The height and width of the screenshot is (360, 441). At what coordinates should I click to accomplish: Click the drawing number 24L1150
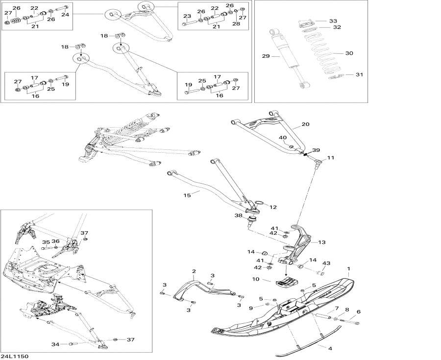tap(15, 356)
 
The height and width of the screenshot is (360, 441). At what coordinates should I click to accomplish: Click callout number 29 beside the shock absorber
tap(266, 57)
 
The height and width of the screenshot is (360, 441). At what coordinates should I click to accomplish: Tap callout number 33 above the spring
tap(333, 21)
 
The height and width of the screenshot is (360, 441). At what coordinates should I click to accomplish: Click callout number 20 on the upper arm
tap(305, 125)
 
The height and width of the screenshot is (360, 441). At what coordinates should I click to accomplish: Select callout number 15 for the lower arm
tap(187, 195)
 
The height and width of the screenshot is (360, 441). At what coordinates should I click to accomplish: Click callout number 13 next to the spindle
tap(321, 242)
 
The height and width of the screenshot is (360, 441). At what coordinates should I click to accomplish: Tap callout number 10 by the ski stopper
tap(255, 279)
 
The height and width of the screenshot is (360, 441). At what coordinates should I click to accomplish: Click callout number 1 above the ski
tap(349, 269)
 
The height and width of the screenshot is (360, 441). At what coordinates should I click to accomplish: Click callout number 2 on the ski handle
tap(194, 271)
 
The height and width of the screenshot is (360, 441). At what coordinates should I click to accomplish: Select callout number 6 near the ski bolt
tap(358, 312)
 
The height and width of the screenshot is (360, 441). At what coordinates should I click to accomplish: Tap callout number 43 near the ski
tap(326, 264)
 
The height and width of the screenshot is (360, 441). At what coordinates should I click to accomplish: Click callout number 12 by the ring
tap(273, 207)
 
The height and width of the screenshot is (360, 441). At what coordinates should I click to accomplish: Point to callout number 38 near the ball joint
tap(238, 216)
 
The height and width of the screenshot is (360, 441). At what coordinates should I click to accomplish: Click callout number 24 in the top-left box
tap(65, 15)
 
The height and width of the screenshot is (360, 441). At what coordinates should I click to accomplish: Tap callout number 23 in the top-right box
tap(187, 16)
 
